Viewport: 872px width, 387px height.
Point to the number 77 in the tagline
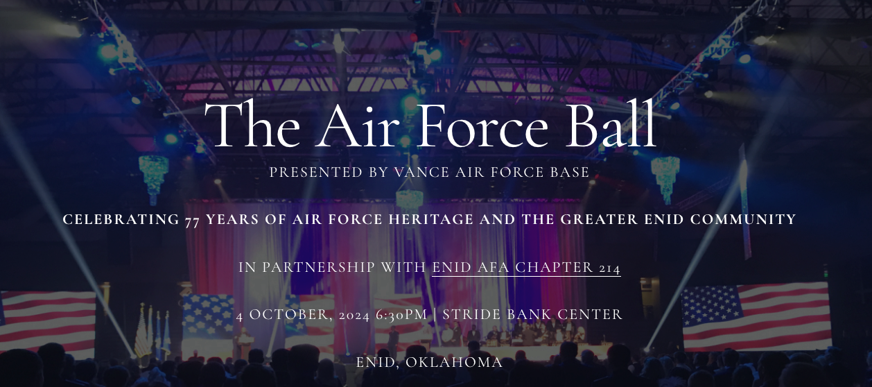(x=192, y=220)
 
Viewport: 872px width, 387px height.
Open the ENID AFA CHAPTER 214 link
(x=526, y=268)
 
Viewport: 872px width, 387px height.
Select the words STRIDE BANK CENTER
(x=532, y=314)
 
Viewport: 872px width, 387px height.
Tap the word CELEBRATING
(x=121, y=220)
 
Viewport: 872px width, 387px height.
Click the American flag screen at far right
(x=756, y=316)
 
